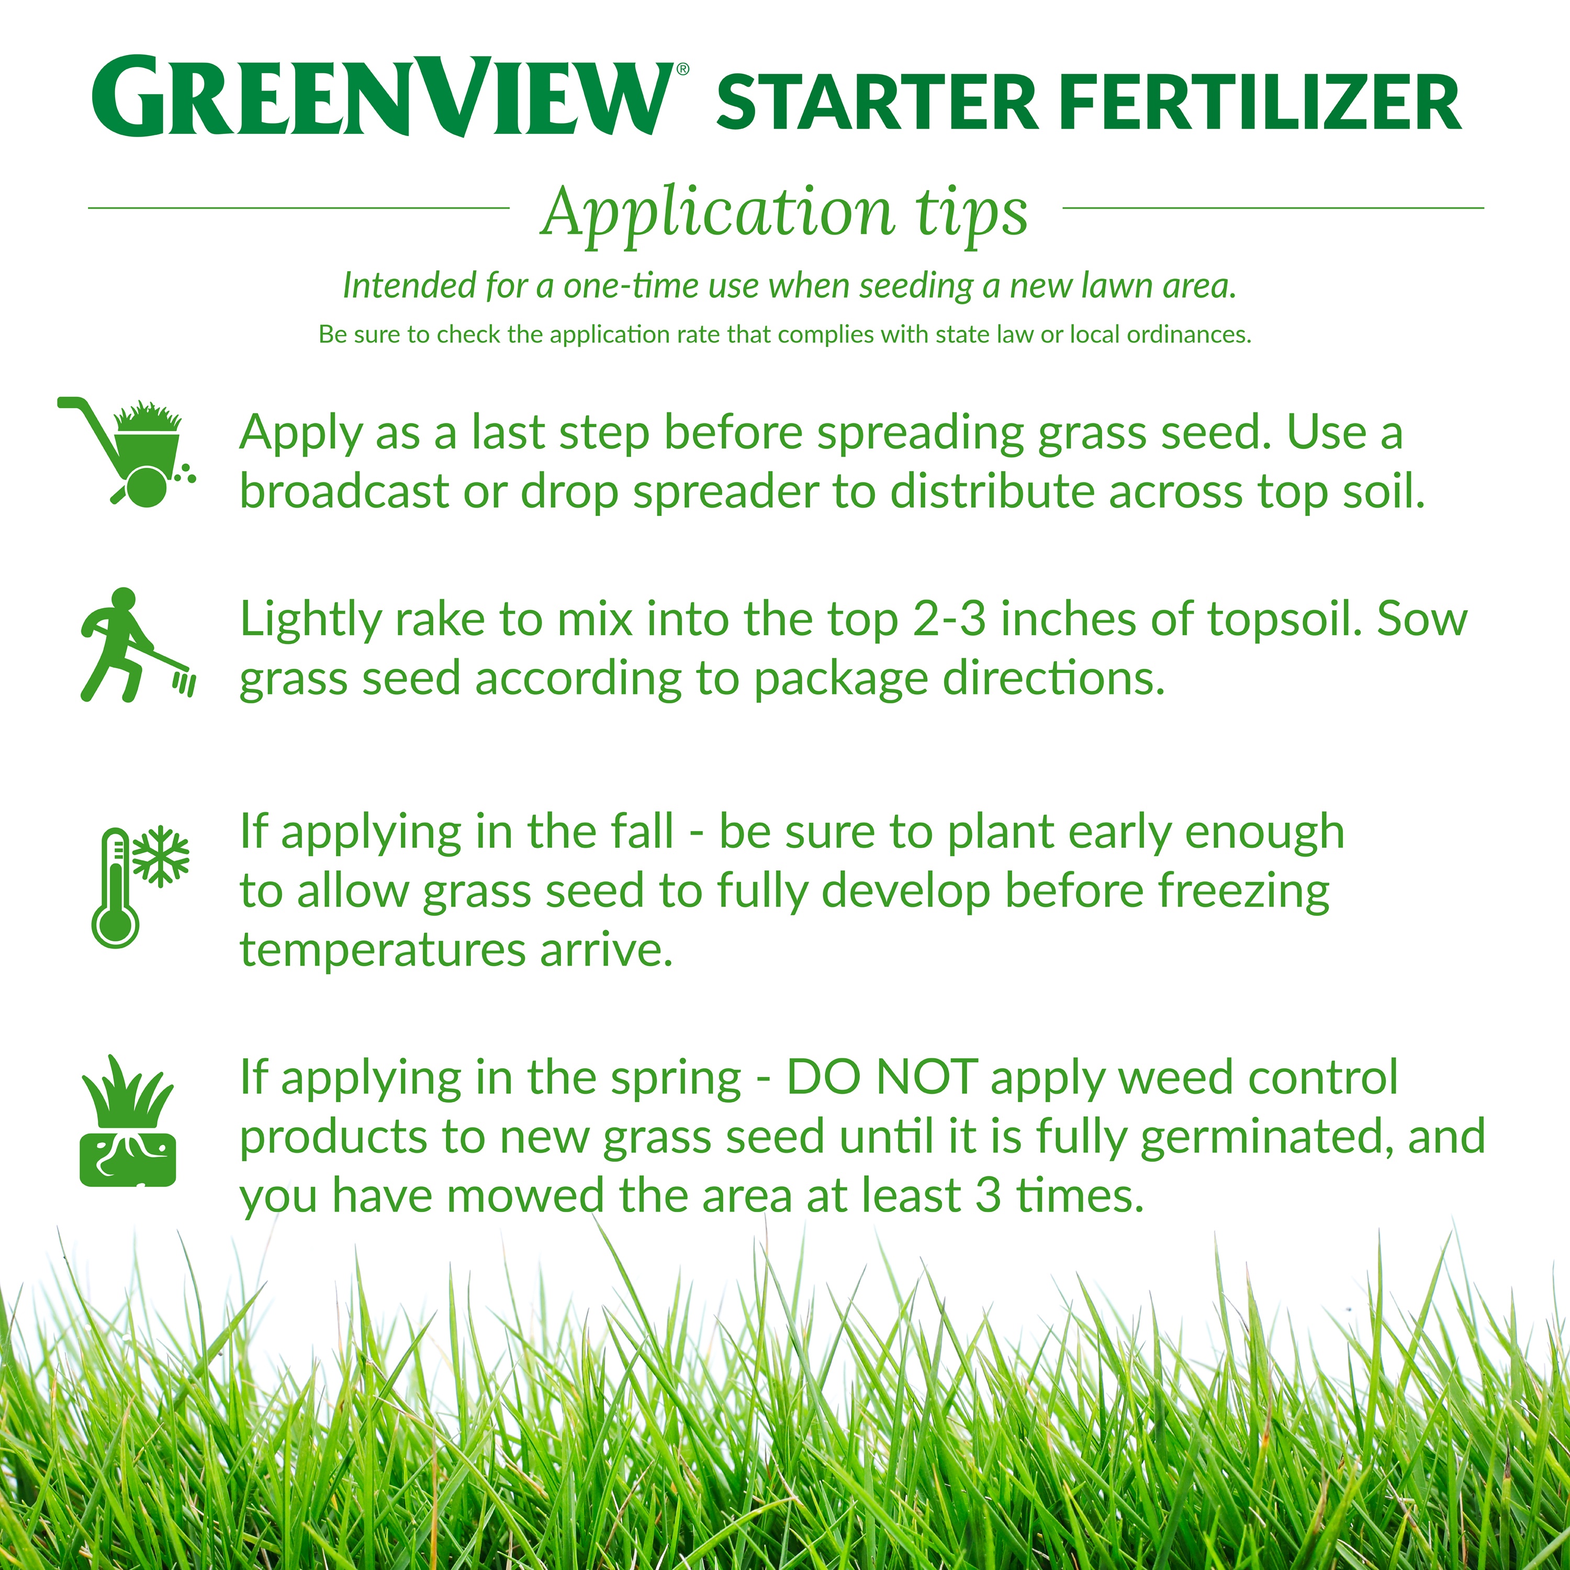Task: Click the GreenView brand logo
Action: point(382,96)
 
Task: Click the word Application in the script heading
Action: point(719,213)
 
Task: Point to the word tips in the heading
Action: point(972,215)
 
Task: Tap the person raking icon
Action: point(137,644)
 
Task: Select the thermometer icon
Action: point(115,888)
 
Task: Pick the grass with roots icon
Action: point(128,1122)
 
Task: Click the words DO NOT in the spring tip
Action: point(882,1078)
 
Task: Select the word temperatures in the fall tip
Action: point(383,951)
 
